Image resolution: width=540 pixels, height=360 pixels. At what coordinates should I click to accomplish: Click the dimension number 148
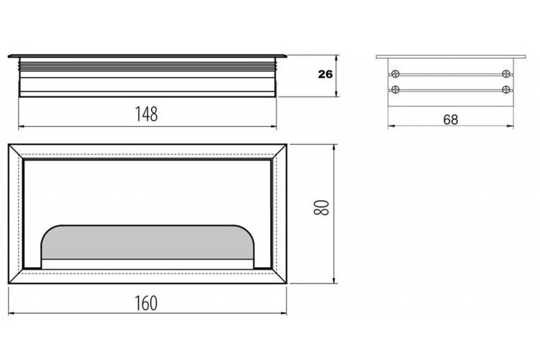tap(146, 114)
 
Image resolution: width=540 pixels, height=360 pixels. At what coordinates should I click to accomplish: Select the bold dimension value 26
tap(325, 74)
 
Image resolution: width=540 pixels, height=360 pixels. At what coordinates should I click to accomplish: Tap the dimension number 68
tap(451, 120)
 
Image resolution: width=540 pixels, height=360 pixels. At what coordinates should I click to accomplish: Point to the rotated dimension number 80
tap(322, 207)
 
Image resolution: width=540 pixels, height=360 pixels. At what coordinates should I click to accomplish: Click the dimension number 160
tap(146, 303)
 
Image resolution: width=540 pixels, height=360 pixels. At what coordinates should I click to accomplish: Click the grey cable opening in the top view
tap(148, 242)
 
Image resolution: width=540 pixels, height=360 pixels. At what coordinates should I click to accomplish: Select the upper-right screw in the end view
tap(505, 73)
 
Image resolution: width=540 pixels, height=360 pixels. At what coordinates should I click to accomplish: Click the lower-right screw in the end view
tap(505, 89)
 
